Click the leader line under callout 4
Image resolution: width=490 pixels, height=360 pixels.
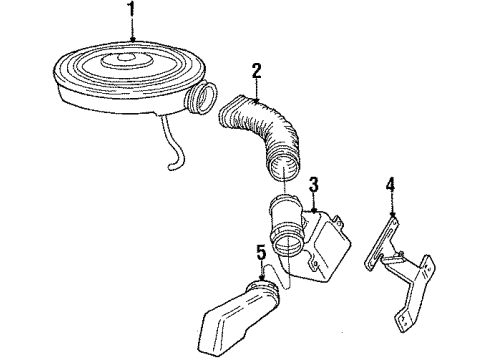tap(393, 205)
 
